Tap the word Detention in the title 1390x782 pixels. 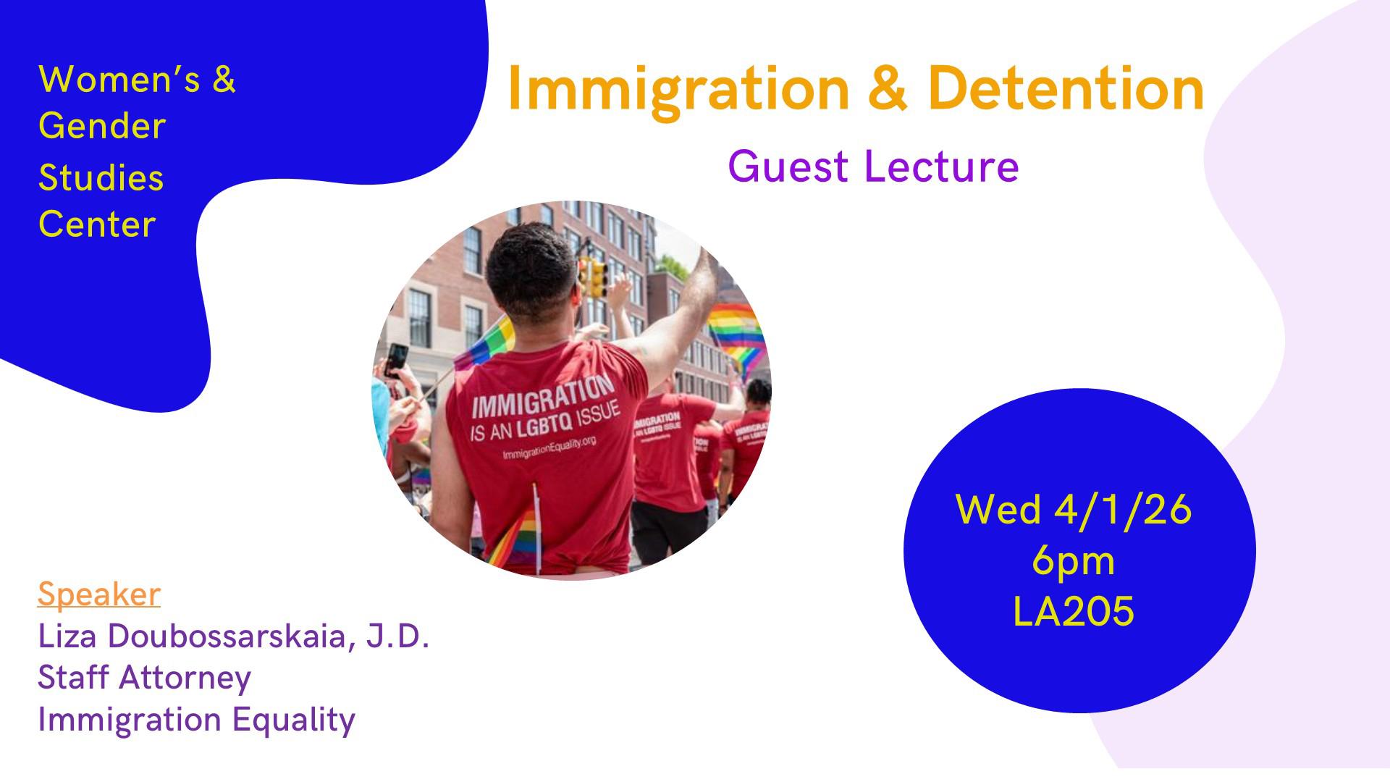[1066, 88]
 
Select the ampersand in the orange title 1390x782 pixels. [888, 89]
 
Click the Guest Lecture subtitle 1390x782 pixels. [874, 166]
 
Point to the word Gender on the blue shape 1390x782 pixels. [102, 126]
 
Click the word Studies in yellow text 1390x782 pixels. [101, 177]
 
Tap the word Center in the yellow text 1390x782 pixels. [97, 224]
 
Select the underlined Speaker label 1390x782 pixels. [99, 594]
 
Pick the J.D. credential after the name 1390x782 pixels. [397, 636]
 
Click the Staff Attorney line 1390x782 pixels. [144, 678]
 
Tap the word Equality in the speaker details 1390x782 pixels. [294, 720]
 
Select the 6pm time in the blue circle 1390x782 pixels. [1074, 561]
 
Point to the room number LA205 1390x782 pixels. [1074, 611]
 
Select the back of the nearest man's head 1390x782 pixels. [532, 272]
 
